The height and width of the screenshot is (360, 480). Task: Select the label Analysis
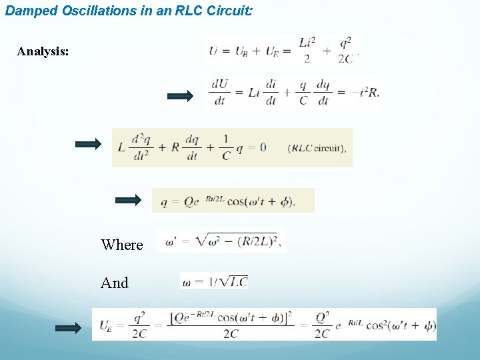[x=43, y=51]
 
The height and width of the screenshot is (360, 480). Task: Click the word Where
[x=122, y=245]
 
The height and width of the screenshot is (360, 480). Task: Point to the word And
[x=115, y=283]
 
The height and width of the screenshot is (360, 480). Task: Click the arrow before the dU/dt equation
[x=179, y=96]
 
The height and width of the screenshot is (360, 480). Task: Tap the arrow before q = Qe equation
[x=129, y=200]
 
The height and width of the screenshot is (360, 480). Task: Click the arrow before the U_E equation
[x=67, y=327]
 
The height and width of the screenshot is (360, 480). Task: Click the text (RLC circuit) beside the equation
[x=317, y=148]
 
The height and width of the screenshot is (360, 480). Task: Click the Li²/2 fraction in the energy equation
[x=307, y=50]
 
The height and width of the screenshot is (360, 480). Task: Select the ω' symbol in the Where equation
[x=171, y=242]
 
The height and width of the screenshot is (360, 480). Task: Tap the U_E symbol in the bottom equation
[x=105, y=325]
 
